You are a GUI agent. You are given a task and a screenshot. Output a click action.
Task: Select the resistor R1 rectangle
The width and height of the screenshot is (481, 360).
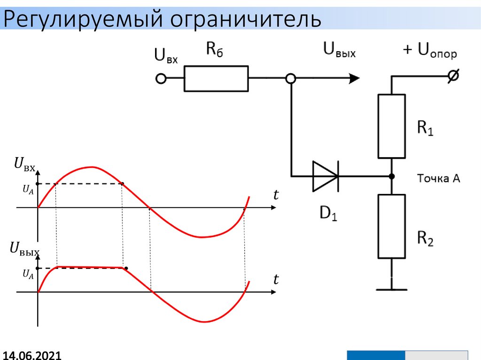click(391, 126)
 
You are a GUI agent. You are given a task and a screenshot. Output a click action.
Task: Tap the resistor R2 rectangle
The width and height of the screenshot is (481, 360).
click(391, 226)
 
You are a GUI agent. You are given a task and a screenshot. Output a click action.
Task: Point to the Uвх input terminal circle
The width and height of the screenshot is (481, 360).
click(161, 79)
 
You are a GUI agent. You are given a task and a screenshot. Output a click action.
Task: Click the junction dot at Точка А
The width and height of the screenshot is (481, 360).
click(391, 176)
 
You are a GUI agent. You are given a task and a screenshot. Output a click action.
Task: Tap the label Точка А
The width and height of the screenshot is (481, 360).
click(439, 178)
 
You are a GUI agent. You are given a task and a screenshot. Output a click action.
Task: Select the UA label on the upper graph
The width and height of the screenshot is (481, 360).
click(28, 189)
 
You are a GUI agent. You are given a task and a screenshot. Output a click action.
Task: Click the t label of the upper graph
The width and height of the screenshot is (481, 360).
click(276, 195)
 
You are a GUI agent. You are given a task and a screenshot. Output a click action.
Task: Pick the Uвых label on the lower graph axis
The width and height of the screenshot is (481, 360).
click(24, 249)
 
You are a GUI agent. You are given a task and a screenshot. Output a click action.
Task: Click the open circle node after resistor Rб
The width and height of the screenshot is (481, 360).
click(291, 79)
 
